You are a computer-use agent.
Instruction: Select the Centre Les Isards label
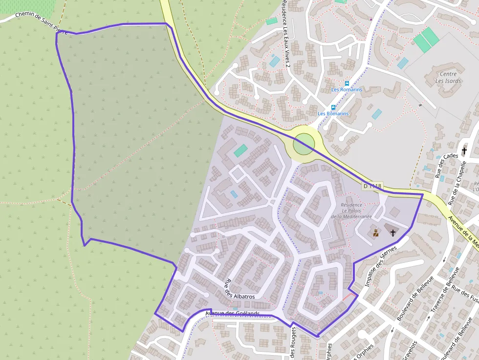(448, 78)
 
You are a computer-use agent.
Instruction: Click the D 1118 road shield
(372, 186)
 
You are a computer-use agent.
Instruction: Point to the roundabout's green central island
(304, 144)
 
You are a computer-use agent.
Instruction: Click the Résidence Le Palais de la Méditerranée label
(351, 211)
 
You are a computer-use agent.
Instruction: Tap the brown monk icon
(376, 233)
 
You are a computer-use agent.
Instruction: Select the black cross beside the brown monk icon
(393, 233)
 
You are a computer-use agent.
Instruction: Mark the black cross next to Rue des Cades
(464, 151)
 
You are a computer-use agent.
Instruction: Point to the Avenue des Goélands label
(232, 314)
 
